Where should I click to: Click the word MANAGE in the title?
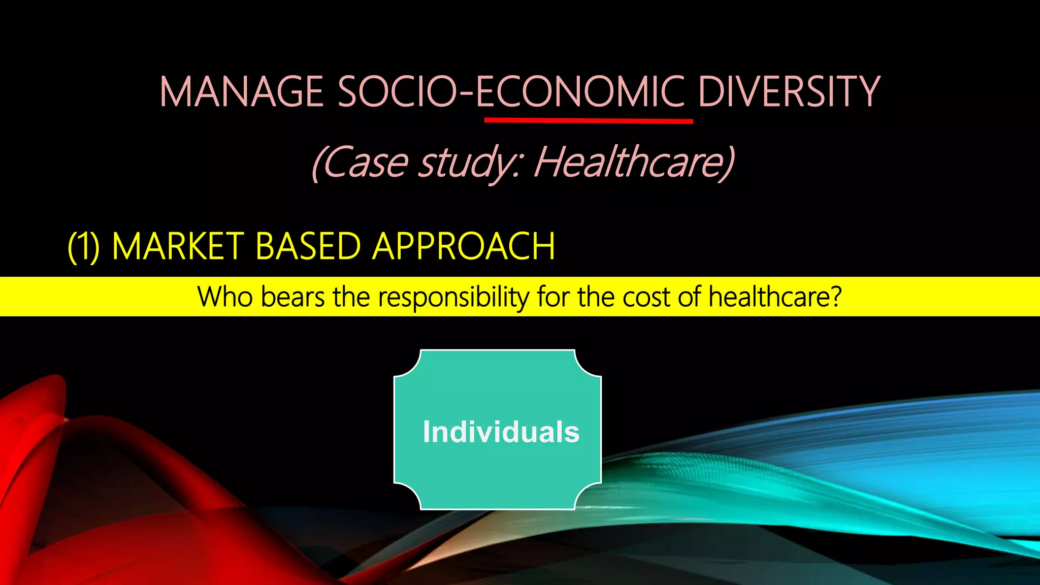point(242,92)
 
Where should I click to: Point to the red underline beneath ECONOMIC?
point(589,121)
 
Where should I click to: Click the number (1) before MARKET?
point(84,247)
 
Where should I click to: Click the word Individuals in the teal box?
point(501,432)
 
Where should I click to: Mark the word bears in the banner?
point(292,297)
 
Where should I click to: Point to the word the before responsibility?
point(351,297)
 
